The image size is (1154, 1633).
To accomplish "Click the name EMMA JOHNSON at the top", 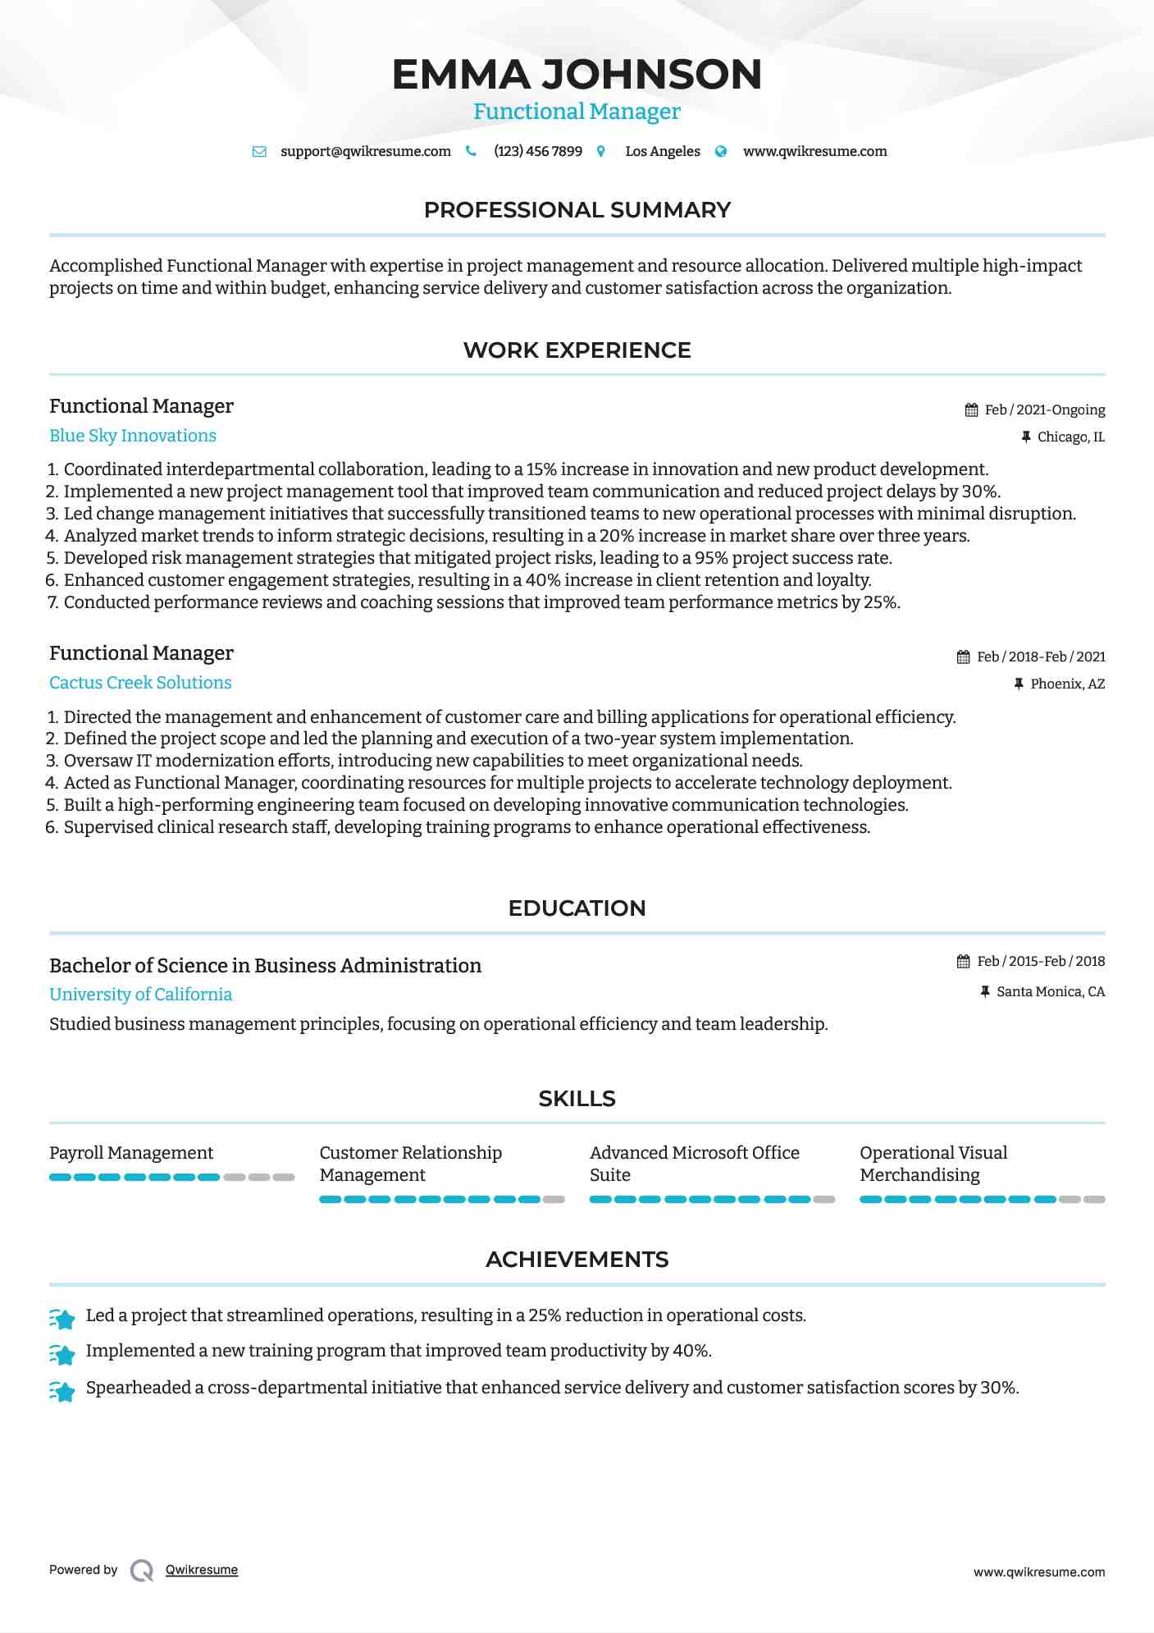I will pyautogui.click(x=577, y=74).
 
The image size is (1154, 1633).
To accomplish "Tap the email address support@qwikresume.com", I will pyautogui.click(x=365, y=151).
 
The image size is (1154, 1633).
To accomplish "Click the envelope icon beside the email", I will pyautogui.click(x=259, y=151).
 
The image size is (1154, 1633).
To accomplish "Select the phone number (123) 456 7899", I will pyautogui.click(x=537, y=151).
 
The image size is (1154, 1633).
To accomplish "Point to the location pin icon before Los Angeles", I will pyautogui.click(x=601, y=151).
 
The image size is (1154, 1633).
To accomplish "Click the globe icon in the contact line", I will pyautogui.click(x=721, y=151).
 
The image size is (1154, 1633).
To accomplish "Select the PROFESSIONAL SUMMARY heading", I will pyautogui.click(x=577, y=210).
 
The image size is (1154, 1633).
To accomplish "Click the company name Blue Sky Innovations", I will pyautogui.click(x=133, y=436).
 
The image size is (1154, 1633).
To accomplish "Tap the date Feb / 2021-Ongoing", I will pyautogui.click(x=1044, y=409).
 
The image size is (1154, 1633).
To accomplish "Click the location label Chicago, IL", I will pyautogui.click(x=1070, y=437).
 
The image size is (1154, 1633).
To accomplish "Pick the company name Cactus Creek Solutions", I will pyautogui.click(x=140, y=683).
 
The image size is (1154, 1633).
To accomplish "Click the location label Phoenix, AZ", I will pyautogui.click(x=1067, y=684).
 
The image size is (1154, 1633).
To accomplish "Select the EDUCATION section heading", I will pyautogui.click(x=577, y=908).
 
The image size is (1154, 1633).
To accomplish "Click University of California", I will pyautogui.click(x=140, y=995).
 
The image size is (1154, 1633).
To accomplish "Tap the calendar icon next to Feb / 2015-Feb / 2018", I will pyautogui.click(x=963, y=961).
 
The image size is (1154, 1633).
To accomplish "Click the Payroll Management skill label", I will pyautogui.click(x=131, y=1153).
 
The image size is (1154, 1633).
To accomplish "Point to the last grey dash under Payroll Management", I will pyautogui.click(x=284, y=1177).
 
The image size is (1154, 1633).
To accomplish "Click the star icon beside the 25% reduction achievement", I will pyautogui.click(x=62, y=1318).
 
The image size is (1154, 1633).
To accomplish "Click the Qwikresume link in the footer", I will pyautogui.click(x=202, y=1570).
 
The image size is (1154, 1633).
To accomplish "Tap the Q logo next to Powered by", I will pyautogui.click(x=142, y=1570).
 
